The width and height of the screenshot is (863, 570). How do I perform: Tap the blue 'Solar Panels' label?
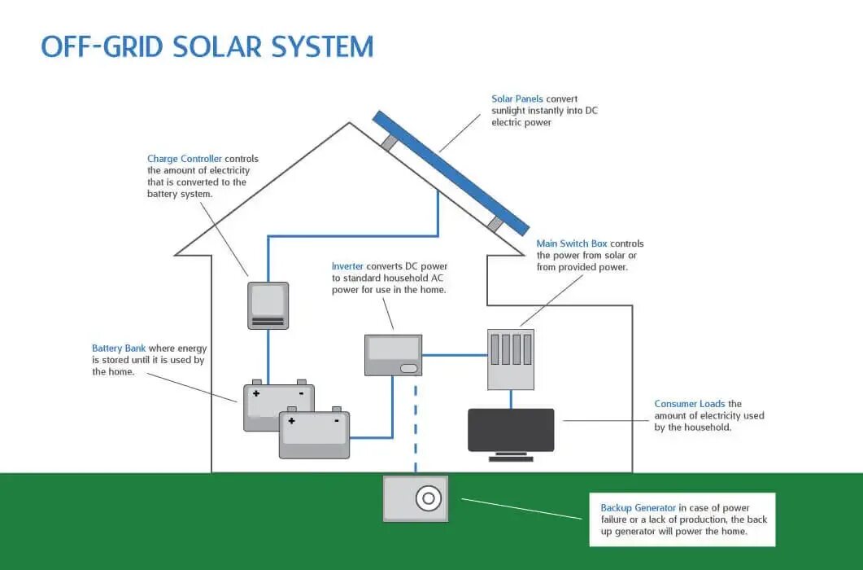(516, 99)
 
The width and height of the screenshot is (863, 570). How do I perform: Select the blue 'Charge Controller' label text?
(185, 159)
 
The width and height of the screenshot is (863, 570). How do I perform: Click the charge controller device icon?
(268, 305)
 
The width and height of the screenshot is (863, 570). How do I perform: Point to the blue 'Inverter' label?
(347, 266)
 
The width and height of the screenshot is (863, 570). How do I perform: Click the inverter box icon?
(393, 355)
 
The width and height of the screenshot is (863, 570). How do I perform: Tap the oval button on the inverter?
(408, 368)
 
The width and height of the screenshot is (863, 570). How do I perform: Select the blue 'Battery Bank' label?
(118, 349)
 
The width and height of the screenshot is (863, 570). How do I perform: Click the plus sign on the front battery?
(291, 421)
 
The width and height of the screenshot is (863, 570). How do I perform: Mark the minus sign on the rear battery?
(301, 393)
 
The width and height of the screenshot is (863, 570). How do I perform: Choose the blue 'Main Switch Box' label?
(572, 243)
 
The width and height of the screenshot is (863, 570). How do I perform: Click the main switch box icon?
(511, 359)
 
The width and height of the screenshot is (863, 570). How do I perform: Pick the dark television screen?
(511, 430)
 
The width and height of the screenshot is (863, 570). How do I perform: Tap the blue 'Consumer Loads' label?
(690, 404)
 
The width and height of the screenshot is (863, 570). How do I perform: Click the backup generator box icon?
(416, 498)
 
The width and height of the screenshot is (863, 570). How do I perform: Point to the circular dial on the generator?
(428, 499)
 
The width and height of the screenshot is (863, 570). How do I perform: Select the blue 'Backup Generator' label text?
(638, 508)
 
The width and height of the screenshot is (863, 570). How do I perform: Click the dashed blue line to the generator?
(416, 429)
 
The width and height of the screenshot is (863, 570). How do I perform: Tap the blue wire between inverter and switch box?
(455, 355)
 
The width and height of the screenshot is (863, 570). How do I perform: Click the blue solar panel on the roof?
(451, 173)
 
